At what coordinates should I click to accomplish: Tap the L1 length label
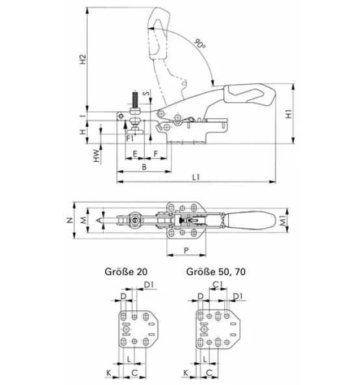point(195,178)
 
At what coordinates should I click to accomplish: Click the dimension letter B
point(143,167)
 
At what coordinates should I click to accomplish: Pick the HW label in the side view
point(95,156)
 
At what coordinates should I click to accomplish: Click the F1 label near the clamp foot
point(130,138)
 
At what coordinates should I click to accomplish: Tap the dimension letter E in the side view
point(134,154)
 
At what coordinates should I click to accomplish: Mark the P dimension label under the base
point(186,250)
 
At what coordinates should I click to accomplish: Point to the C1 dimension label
point(218,284)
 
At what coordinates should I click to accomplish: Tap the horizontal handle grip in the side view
point(246,94)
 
